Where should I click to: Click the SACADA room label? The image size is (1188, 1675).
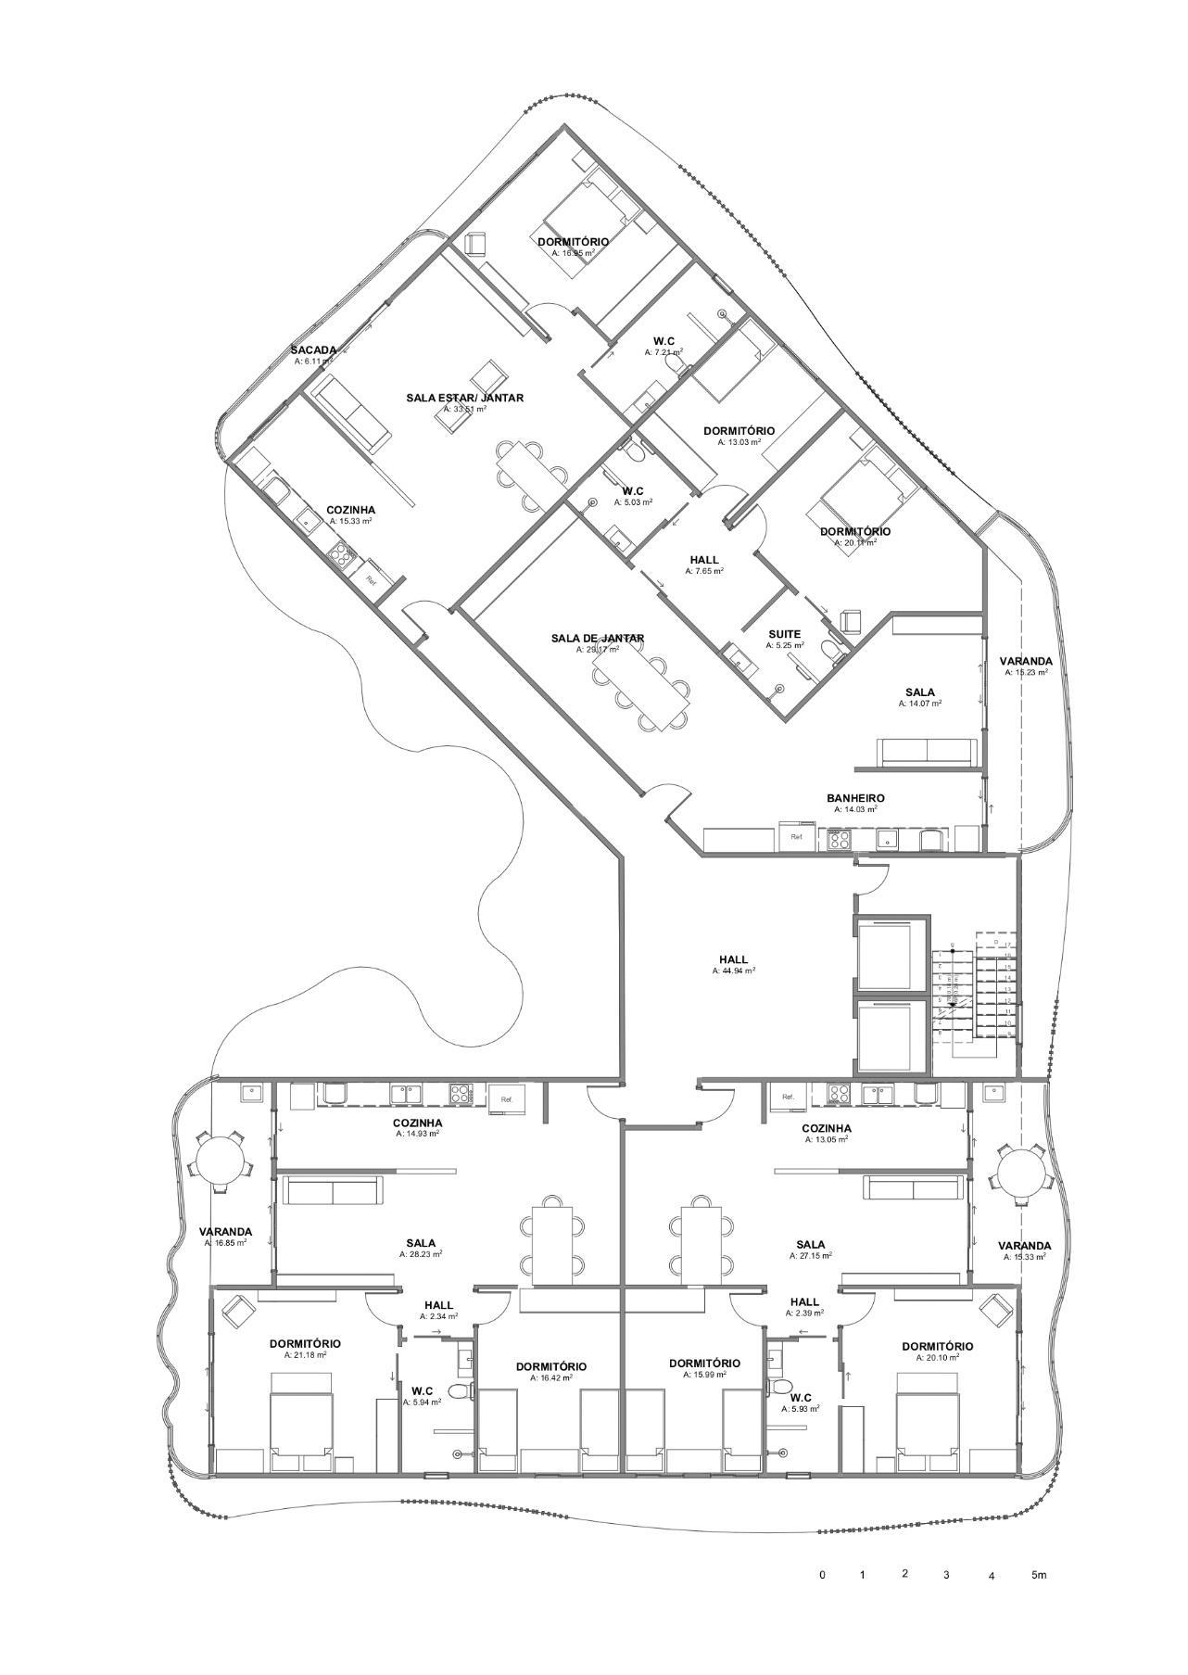coord(313,349)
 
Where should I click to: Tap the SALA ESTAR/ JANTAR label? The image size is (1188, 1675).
coord(464,398)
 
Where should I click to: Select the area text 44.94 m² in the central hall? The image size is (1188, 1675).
coord(735,971)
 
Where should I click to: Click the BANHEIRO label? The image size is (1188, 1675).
coord(855,798)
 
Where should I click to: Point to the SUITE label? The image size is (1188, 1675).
coord(784,634)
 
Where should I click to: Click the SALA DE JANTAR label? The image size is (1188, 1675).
coord(597,638)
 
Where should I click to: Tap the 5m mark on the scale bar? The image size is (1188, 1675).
coord(1039,1575)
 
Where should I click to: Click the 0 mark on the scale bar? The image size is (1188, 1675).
coord(822,1575)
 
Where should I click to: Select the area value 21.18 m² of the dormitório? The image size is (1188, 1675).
coord(306,1354)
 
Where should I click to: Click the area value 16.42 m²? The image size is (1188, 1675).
coord(551,1377)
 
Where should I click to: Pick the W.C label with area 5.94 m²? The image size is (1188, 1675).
coord(423,1390)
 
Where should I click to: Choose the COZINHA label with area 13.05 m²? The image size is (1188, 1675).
coord(827,1128)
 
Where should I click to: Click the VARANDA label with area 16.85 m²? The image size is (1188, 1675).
coord(225,1232)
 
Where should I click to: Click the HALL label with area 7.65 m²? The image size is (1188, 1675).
coord(704,560)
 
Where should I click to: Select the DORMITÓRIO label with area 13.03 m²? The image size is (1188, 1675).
coord(739,431)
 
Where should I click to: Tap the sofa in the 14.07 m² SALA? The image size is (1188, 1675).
coord(926,753)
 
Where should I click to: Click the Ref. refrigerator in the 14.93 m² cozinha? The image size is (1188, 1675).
coord(506,1098)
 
